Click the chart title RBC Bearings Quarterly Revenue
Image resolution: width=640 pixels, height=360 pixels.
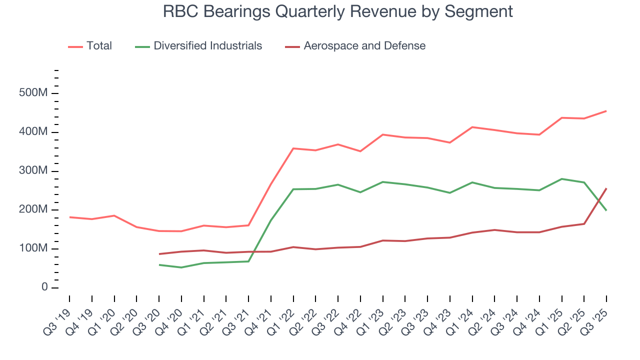338,11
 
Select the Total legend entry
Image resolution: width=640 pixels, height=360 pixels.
98,46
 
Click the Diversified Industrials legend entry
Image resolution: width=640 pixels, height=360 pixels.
207,46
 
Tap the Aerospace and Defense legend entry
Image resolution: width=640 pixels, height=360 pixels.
364,46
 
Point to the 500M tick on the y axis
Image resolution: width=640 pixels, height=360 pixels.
34,93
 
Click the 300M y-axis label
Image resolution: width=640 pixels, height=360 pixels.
34,171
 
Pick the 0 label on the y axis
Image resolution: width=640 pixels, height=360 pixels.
44,287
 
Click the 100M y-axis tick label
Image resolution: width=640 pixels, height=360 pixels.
34,248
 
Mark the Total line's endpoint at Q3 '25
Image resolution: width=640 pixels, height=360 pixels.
606,111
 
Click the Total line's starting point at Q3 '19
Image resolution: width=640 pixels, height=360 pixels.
69,217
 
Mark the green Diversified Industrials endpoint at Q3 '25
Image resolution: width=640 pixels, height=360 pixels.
606,210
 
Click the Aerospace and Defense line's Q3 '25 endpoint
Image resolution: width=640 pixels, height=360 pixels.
606,188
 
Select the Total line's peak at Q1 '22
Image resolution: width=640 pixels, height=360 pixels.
293,148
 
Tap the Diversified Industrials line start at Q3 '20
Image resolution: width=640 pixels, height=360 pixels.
159,264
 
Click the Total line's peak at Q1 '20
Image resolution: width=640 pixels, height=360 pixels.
114,215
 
